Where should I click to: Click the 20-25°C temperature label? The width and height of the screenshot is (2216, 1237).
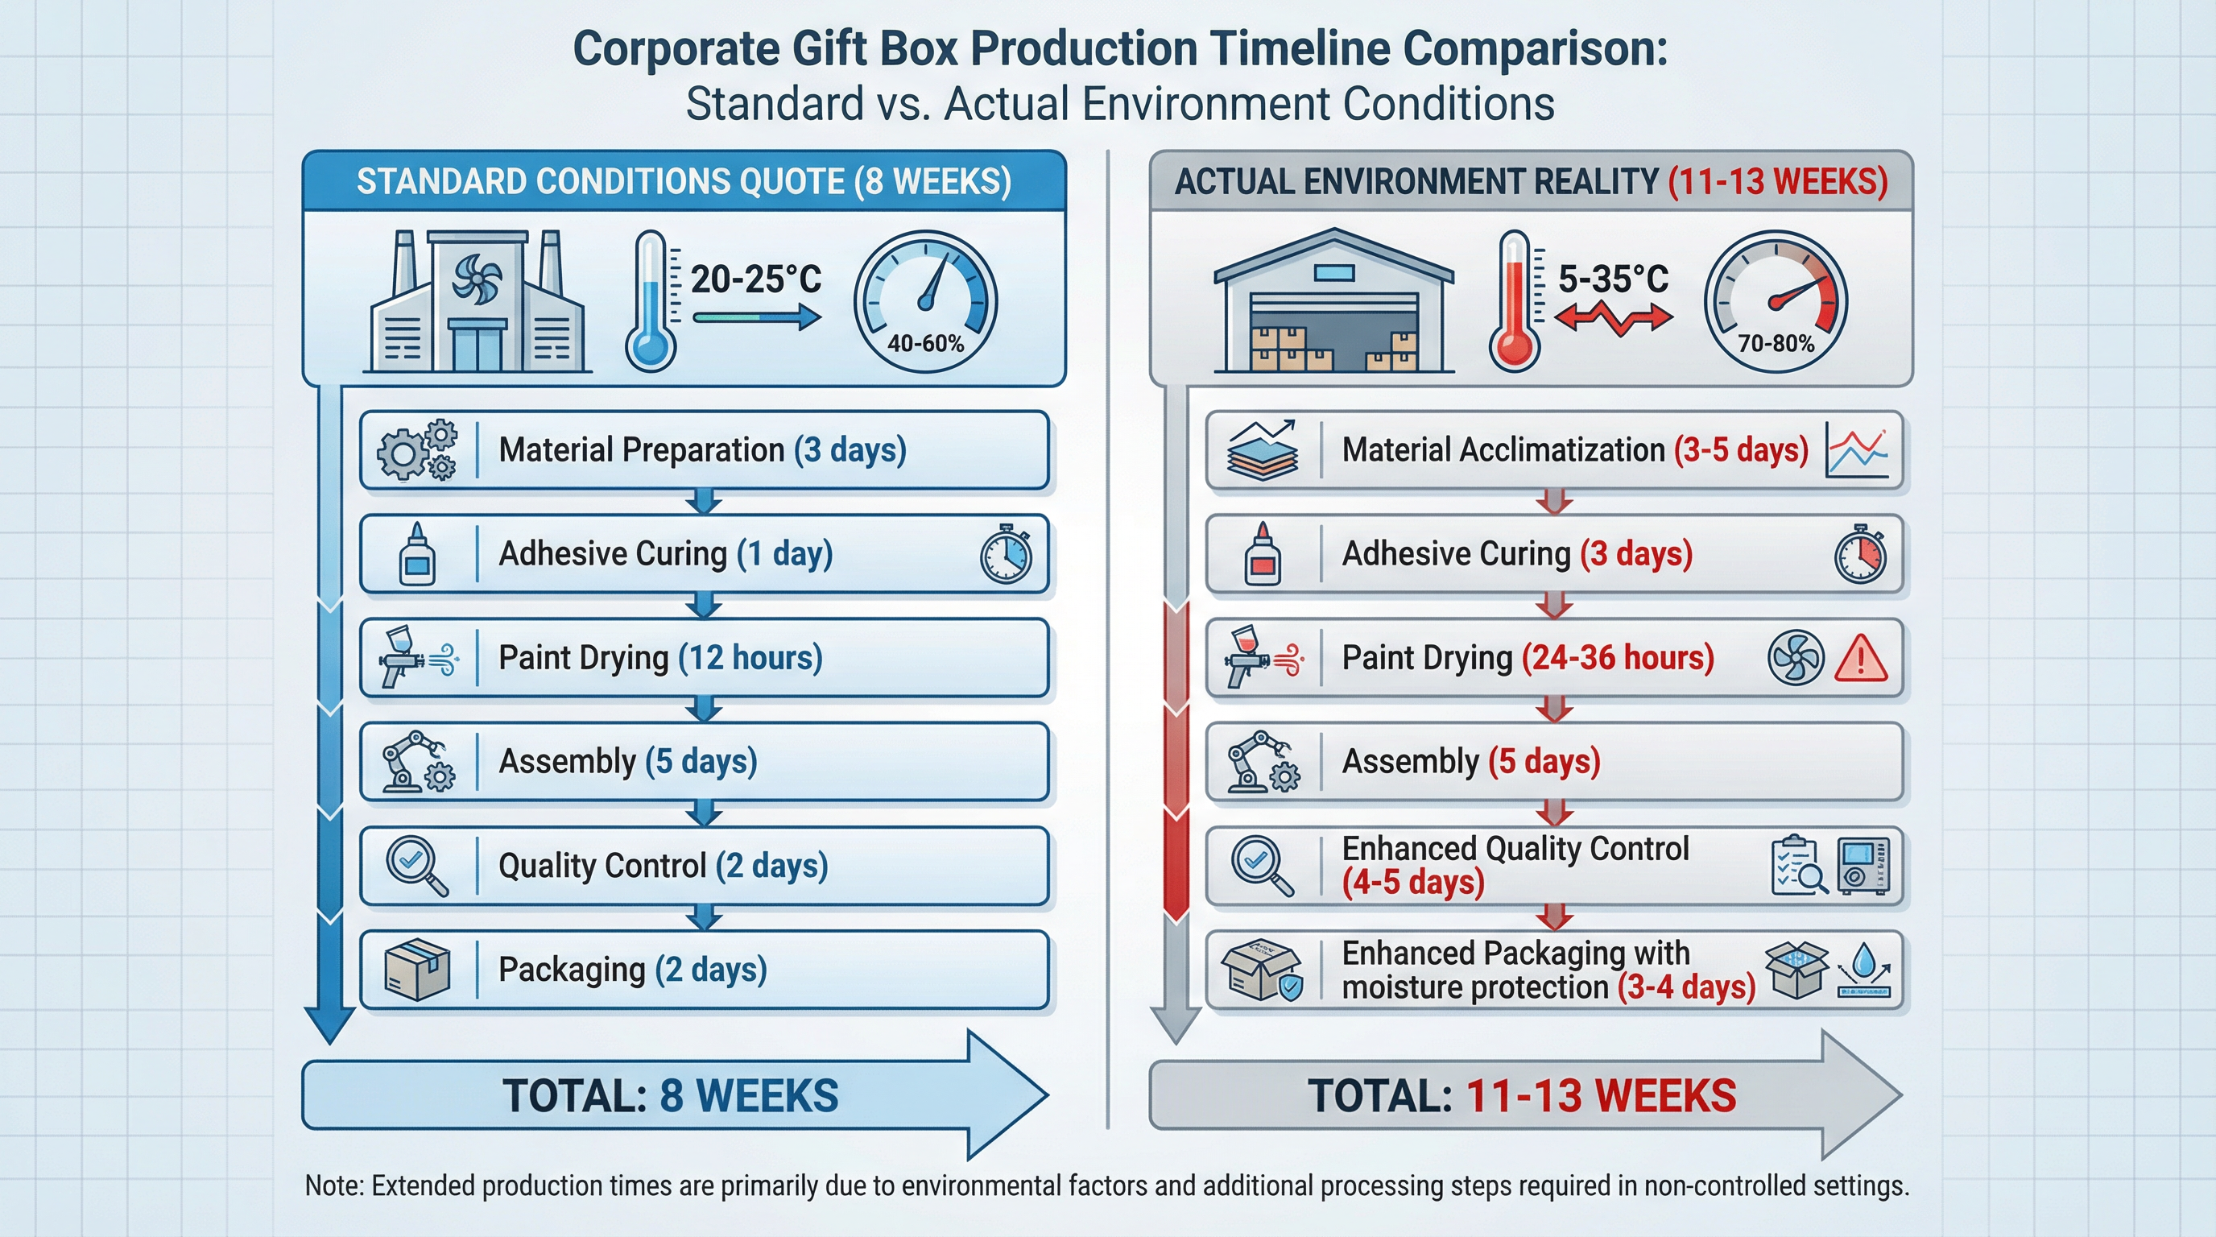755,279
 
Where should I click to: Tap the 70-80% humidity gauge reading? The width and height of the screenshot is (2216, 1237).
1776,344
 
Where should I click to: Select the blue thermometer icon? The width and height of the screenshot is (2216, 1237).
651,301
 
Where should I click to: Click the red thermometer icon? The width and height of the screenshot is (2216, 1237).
1514,301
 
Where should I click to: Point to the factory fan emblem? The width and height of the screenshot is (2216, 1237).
477,279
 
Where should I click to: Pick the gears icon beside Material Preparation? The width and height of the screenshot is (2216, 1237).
417,450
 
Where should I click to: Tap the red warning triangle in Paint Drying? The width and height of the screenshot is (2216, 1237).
1861,660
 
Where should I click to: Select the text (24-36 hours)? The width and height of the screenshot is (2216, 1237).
1617,658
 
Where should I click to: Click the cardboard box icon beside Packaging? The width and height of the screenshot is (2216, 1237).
417,970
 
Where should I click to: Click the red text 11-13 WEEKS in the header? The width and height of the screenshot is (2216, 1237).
1777,182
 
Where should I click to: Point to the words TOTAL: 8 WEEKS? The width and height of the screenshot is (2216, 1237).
670,1096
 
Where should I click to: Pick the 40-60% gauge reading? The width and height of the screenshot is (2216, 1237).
926,344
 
